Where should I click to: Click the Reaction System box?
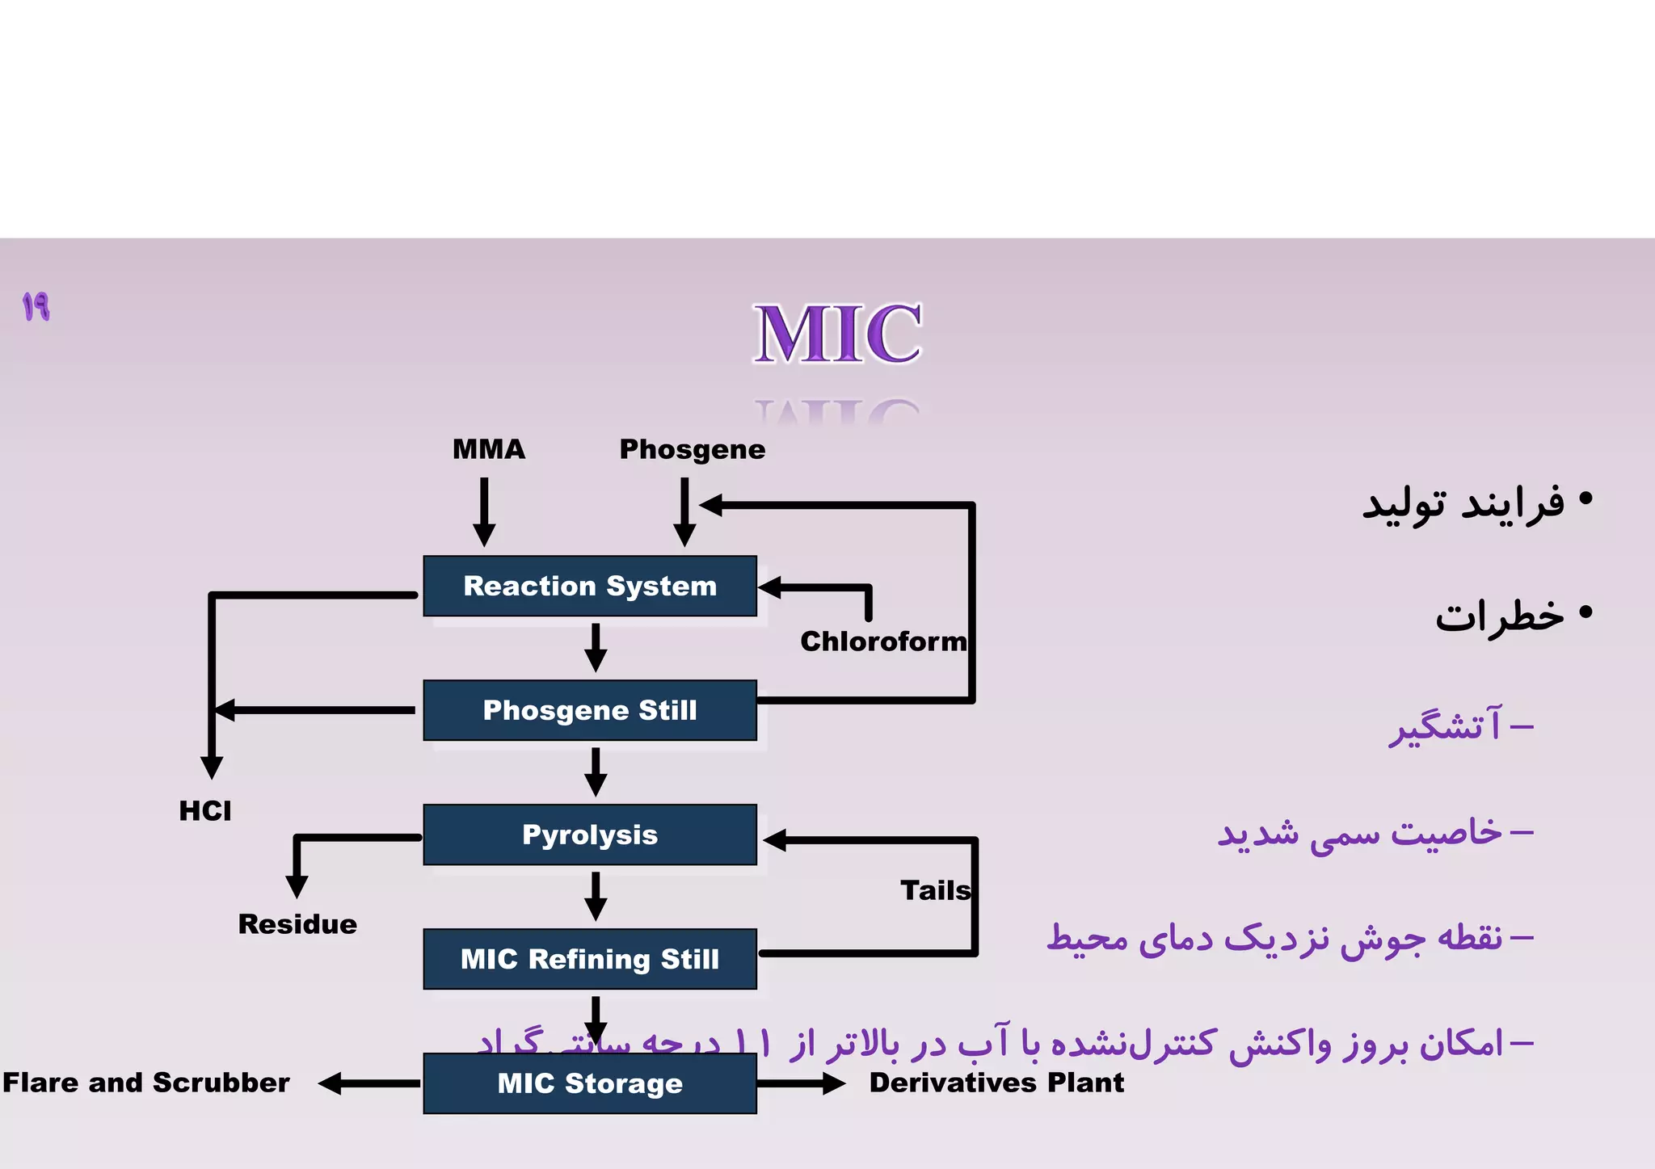point(590,586)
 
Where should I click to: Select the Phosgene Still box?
point(590,710)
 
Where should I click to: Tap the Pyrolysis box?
point(590,835)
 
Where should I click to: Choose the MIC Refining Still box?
point(590,959)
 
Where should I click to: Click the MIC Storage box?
point(590,1083)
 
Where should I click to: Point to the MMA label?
point(489,449)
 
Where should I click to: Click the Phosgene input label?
point(693,450)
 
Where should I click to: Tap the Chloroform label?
point(883,641)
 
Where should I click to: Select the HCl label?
point(205,810)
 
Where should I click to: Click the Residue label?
point(297,924)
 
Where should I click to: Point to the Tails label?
point(935,890)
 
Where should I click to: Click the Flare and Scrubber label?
point(146,1083)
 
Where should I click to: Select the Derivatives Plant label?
point(996,1083)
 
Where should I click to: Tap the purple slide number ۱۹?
point(36,307)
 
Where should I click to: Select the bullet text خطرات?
point(1500,616)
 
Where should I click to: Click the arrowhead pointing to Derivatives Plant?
point(834,1083)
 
